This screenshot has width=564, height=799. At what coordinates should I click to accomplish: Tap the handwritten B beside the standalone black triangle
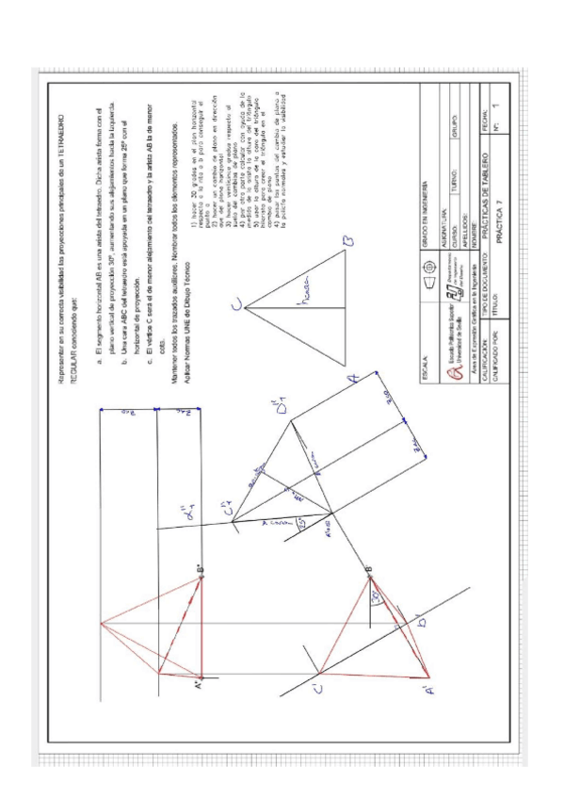(346, 243)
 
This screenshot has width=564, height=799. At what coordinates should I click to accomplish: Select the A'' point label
(197, 683)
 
